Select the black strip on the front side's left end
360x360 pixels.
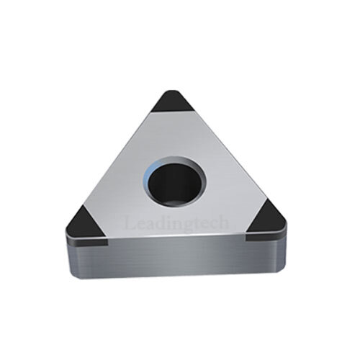pyautogui.click(x=87, y=242)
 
